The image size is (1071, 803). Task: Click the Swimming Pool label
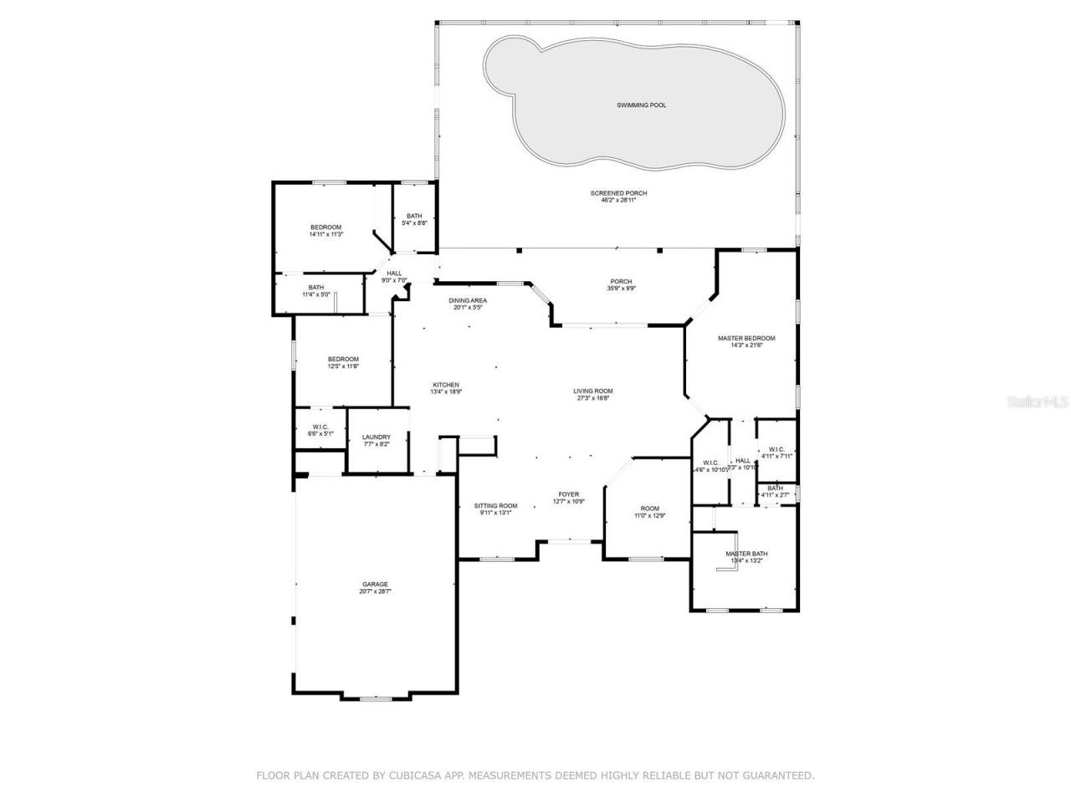[x=642, y=105]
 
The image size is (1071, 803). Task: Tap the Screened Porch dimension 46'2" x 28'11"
[x=618, y=201]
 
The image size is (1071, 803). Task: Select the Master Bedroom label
[x=746, y=338]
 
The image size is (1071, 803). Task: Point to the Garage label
[x=375, y=584]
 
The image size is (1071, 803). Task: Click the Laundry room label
[x=377, y=437]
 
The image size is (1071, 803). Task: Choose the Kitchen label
[x=446, y=385]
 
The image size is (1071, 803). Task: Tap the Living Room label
[x=593, y=391]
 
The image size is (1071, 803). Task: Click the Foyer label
[x=569, y=494]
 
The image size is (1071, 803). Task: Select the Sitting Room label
[x=496, y=505]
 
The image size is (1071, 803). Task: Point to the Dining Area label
[x=468, y=300]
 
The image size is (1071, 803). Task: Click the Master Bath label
[x=746, y=554]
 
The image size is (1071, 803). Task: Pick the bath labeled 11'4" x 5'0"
[x=315, y=288]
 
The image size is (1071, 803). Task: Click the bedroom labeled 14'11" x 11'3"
[x=326, y=228]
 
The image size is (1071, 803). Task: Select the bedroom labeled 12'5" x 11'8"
[x=343, y=359]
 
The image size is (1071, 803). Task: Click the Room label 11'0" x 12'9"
[x=650, y=509]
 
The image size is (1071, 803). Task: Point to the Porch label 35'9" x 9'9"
[x=621, y=282]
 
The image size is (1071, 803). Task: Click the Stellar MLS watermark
[x=1038, y=401]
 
